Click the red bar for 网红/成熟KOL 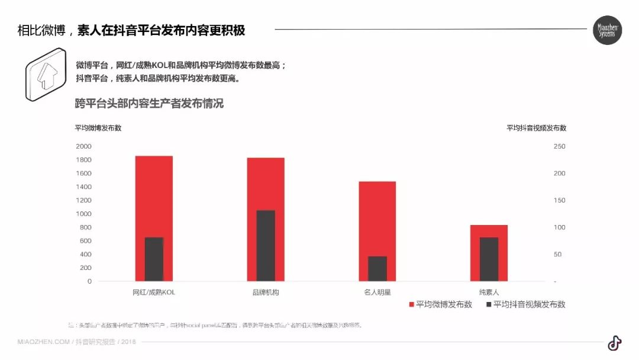tap(154, 189)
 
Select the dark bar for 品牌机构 tap(266, 245)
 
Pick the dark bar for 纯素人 tap(489, 259)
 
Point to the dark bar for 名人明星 tap(377, 268)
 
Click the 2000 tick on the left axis tap(83, 146)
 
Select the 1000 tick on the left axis tap(83, 214)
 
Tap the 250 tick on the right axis tap(559, 146)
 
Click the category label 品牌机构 tap(266, 292)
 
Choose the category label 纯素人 tap(489, 292)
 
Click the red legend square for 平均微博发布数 tap(412, 304)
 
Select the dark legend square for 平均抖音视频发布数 tap(489, 304)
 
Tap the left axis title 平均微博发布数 tap(98, 128)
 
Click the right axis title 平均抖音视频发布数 tap(536, 128)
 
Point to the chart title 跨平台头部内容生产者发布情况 tap(149, 104)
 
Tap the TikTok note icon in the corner tap(614, 343)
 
